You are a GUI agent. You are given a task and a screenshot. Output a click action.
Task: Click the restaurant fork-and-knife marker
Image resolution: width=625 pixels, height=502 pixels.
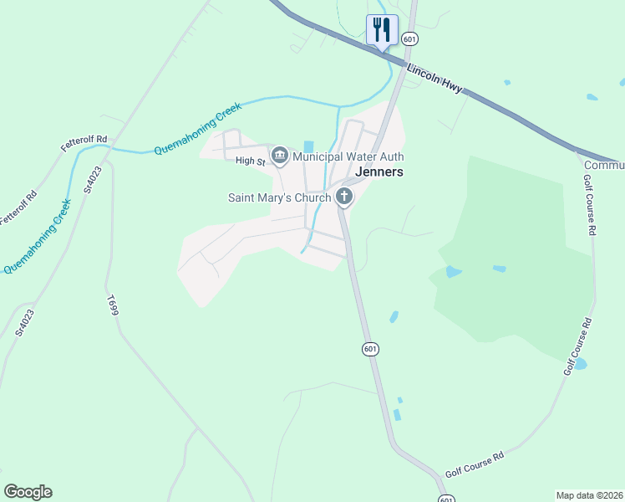pos(382,30)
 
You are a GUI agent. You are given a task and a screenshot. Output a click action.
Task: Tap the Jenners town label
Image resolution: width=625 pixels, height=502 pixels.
pos(379,172)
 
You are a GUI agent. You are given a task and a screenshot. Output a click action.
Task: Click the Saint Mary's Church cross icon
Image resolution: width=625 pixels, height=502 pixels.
pos(343,197)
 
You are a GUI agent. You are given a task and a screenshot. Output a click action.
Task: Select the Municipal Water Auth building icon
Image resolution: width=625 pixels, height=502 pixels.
pos(280,156)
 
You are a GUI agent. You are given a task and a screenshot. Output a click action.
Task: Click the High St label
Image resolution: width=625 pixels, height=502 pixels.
pos(250,161)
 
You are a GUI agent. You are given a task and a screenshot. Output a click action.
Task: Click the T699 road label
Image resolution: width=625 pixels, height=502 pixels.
pos(113,304)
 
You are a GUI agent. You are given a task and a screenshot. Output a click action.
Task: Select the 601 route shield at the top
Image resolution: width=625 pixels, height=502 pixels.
pos(409,39)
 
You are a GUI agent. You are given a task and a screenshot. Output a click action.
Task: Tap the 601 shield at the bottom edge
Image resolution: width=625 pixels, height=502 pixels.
pos(446,498)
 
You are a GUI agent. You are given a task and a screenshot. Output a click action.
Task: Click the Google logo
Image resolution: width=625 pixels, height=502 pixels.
pos(28,492)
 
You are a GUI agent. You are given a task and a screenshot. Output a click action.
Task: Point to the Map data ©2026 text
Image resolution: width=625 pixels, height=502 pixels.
pos(589,495)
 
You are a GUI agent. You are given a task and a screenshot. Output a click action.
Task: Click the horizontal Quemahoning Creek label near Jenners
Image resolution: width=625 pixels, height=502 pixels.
pos(198,129)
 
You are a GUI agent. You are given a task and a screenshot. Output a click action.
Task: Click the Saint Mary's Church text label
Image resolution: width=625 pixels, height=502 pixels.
pos(280,198)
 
